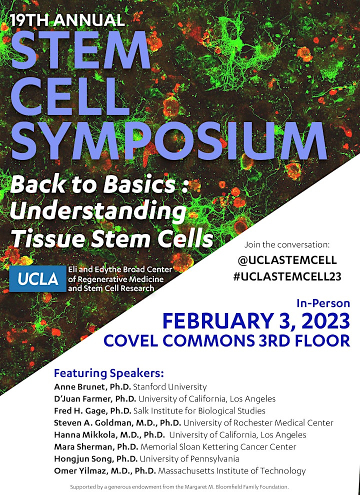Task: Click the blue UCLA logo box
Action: coord(37,278)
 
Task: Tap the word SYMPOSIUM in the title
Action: coord(169,139)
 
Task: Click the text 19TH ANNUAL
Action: coord(67,20)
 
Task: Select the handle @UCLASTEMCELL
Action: coord(287,260)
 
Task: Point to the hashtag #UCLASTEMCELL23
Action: coord(287,276)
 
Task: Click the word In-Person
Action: coord(323,303)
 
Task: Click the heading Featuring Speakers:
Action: coord(109,373)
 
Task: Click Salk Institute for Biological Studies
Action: coord(199,410)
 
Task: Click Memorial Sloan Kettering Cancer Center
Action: coord(218,446)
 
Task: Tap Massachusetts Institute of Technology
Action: coord(232,470)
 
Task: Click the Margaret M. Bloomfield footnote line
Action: coord(179,486)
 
